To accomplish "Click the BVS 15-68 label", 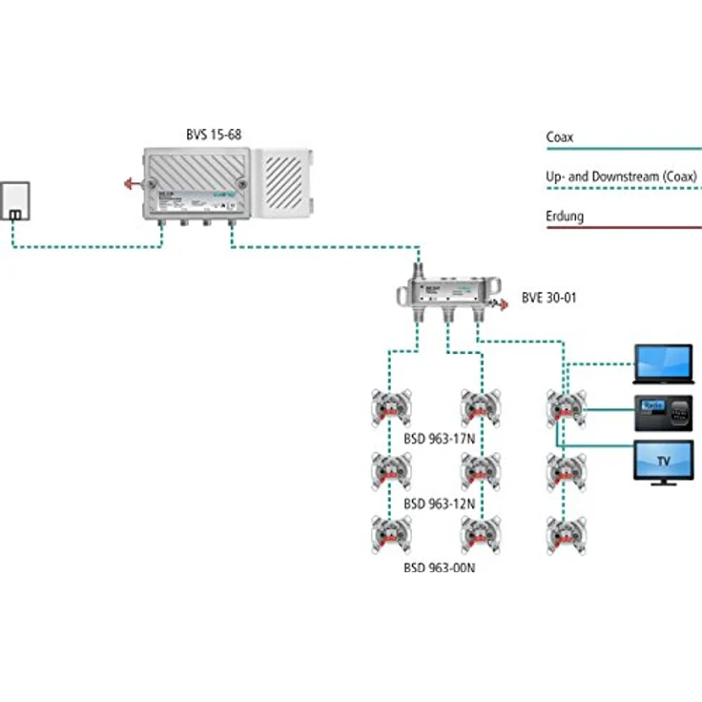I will coord(214,134).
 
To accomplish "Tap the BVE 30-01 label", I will coord(548,298).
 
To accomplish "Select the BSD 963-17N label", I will coord(439,440).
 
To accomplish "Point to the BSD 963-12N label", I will coord(439,503).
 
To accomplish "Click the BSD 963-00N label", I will coord(439,567).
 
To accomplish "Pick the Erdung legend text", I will coord(565,217).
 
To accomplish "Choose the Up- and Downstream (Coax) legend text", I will coord(621,176).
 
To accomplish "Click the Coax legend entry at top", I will coord(559,137).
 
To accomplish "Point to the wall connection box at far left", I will coord(15,200).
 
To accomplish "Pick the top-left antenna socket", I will coord(392,407).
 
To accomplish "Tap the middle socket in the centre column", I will coord(477,469).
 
